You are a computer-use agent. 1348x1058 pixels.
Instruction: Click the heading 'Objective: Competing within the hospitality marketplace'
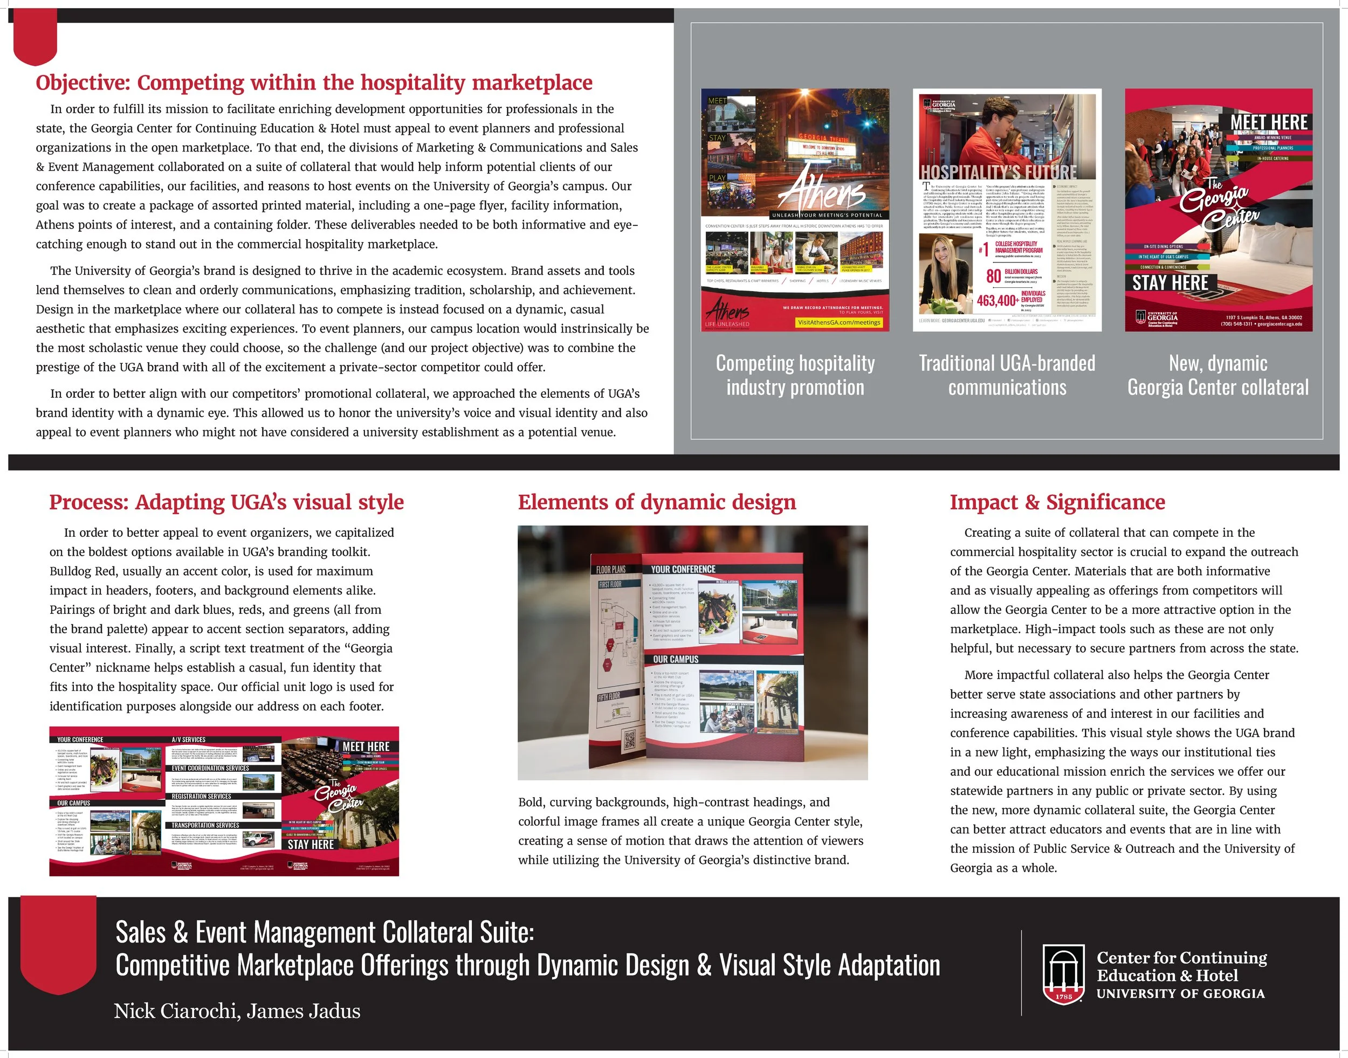(314, 82)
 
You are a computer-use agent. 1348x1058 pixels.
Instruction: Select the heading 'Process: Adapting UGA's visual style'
(226, 502)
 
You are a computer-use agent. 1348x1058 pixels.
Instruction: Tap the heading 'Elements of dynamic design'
(656, 502)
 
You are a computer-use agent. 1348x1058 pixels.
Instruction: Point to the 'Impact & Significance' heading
(1057, 502)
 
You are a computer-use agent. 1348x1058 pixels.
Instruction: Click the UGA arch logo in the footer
(1063, 974)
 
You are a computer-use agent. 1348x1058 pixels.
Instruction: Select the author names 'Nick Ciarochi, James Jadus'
(237, 1011)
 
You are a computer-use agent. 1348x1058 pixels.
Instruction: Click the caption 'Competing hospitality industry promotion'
(795, 375)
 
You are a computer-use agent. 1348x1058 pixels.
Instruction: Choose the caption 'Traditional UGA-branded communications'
(1007, 375)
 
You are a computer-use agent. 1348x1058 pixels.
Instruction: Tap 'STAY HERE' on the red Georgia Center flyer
(1170, 283)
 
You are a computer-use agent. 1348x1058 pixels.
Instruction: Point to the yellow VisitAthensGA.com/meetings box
(838, 322)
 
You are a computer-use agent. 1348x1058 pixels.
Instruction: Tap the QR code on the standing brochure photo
(629, 740)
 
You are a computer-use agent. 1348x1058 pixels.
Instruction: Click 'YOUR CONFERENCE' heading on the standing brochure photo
(683, 569)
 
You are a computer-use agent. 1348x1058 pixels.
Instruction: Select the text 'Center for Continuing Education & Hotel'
(1181, 966)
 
